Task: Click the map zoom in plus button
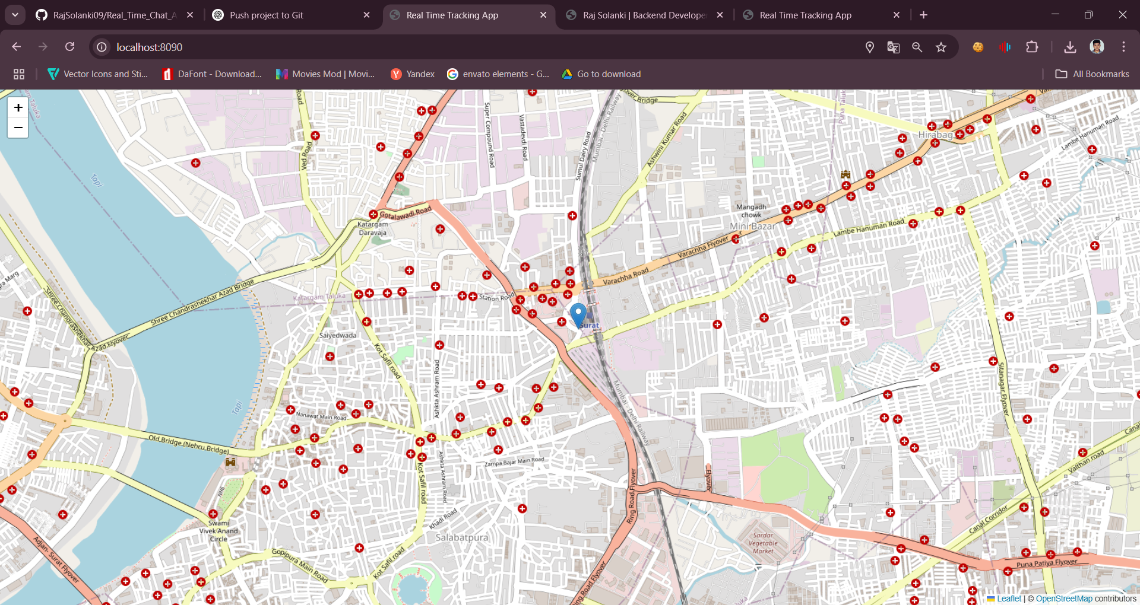point(18,107)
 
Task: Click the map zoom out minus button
point(18,128)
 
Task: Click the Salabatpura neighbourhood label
point(462,537)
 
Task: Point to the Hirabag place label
point(935,135)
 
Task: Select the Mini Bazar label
point(752,226)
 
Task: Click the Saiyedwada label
point(338,335)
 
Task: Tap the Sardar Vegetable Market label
point(763,543)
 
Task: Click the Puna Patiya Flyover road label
point(1046,563)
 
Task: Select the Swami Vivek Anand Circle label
point(218,531)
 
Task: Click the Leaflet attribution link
point(1009,598)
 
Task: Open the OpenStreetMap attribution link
point(1063,598)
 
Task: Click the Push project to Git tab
point(267,15)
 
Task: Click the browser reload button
point(69,47)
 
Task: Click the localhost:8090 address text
point(150,47)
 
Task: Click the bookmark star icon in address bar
point(941,47)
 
